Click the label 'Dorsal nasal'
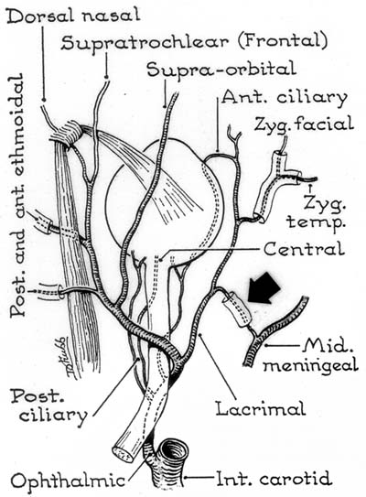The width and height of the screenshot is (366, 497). click(x=73, y=15)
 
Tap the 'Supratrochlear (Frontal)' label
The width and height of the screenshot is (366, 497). click(x=194, y=42)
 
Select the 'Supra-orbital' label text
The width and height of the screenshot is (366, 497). click(x=221, y=70)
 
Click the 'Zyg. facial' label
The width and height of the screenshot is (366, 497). click(x=304, y=124)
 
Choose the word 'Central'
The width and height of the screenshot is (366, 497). click(x=304, y=249)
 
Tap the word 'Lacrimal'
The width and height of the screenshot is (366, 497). click(x=261, y=408)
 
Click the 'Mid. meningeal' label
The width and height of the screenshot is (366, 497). click(x=311, y=355)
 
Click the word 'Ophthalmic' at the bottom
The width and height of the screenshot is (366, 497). click(x=68, y=480)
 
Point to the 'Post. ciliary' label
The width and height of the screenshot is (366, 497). click(x=49, y=406)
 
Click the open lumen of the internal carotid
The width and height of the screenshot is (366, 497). click(x=173, y=450)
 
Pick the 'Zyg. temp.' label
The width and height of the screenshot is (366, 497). click(x=316, y=211)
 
